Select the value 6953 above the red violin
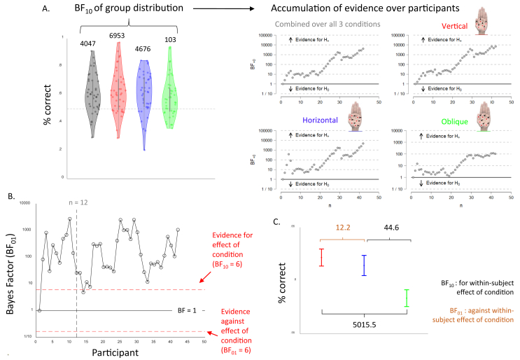120,35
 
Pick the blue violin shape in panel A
143,102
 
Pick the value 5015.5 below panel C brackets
364,325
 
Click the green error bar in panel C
407,298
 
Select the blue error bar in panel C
364,265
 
